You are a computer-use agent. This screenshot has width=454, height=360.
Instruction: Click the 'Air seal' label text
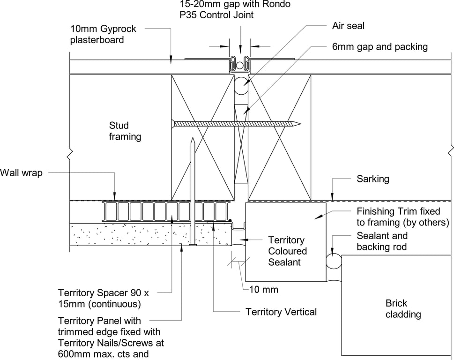(x=348, y=26)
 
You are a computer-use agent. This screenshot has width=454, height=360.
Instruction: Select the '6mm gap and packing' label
(x=377, y=46)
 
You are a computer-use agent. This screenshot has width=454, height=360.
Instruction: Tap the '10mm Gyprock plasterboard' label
(x=103, y=34)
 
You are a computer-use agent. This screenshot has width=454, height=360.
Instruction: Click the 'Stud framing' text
(x=125, y=131)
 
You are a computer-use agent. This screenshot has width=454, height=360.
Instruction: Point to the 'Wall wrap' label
(x=21, y=173)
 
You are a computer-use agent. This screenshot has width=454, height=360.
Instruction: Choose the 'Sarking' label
(x=372, y=179)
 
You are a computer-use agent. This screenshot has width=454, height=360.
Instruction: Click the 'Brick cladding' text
(x=403, y=308)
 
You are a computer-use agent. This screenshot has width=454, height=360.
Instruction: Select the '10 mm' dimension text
(x=263, y=289)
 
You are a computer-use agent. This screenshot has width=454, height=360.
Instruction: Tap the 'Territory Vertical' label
(x=281, y=312)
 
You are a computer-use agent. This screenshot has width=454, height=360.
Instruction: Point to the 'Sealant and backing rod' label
(x=382, y=241)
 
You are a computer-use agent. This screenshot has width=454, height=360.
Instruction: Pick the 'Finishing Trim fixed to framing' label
(x=402, y=217)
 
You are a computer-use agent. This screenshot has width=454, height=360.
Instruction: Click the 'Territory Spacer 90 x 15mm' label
(x=103, y=298)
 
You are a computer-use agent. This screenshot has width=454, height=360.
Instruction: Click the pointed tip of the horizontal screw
(x=300, y=124)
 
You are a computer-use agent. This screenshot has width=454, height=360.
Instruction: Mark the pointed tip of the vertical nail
(x=193, y=139)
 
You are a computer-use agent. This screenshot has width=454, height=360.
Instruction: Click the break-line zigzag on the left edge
(x=70, y=153)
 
